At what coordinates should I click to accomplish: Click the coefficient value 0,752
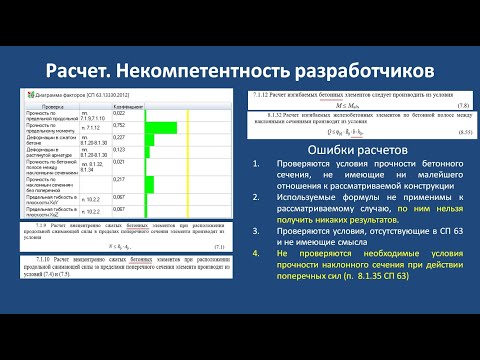[119, 126]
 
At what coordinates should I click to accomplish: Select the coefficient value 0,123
[119, 148]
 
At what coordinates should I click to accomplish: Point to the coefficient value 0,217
[119, 179]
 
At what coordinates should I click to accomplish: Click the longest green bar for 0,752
[159, 126]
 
